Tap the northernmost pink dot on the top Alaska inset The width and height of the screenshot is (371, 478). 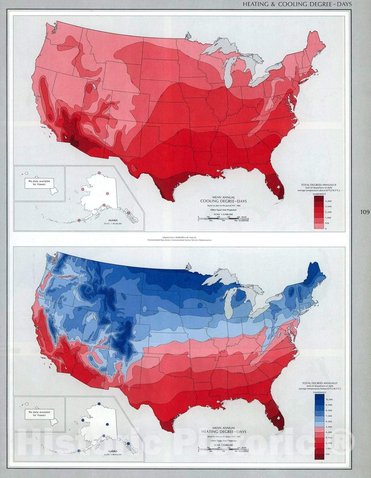[99, 173]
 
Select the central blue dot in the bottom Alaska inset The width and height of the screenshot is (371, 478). [107, 424]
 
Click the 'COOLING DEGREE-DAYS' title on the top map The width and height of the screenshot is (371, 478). [223, 201]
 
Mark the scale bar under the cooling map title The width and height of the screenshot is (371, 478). [223, 218]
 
